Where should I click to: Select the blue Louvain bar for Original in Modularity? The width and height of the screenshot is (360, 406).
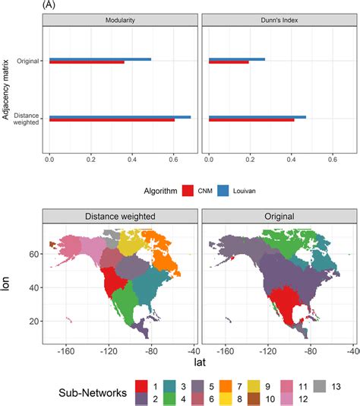(x=99, y=59)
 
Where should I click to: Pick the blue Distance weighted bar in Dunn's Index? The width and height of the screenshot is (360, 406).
(x=257, y=117)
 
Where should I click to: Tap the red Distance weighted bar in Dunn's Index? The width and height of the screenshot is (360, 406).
(x=251, y=120)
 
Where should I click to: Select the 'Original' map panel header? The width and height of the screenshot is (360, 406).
(x=277, y=216)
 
